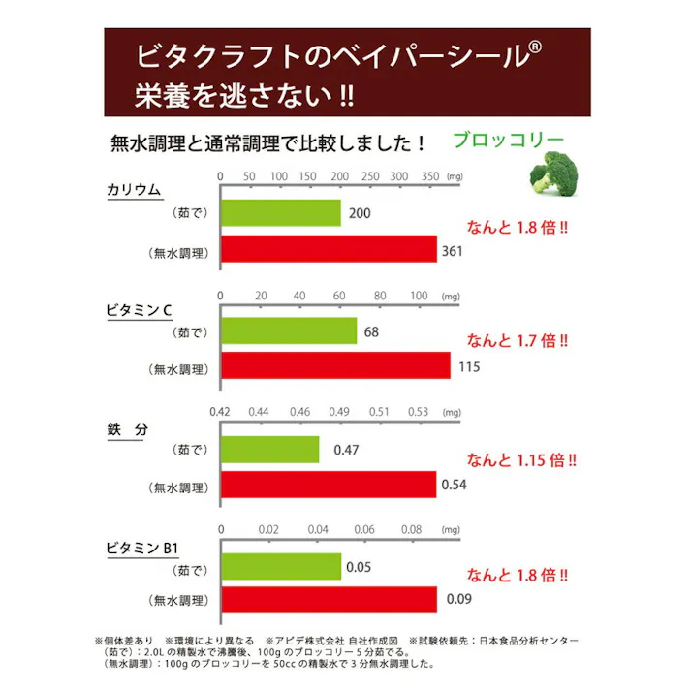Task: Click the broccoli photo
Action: click(x=552, y=175)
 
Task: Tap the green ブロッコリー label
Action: click(x=509, y=140)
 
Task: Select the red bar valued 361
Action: click(x=330, y=250)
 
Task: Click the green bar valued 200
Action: click(x=281, y=212)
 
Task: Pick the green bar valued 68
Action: click(x=289, y=331)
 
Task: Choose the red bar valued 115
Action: click(x=336, y=366)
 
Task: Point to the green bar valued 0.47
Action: click(x=270, y=449)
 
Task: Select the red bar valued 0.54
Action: click(x=330, y=484)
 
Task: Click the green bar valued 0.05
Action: click(x=281, y=567)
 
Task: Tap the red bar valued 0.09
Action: click(x=330, y=601)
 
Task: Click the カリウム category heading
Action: click(x=134, y=191)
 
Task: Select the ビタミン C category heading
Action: click(x=139, y=310)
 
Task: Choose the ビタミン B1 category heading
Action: click(x=142, y=548)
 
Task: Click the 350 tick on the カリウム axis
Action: click(x=429, y=177)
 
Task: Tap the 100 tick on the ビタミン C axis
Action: click(x=419, y=296)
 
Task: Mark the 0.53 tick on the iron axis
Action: click(x=419, y=412)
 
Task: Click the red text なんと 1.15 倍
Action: click(x=522, y=459)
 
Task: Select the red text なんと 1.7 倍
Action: click(x=518, y=340)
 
